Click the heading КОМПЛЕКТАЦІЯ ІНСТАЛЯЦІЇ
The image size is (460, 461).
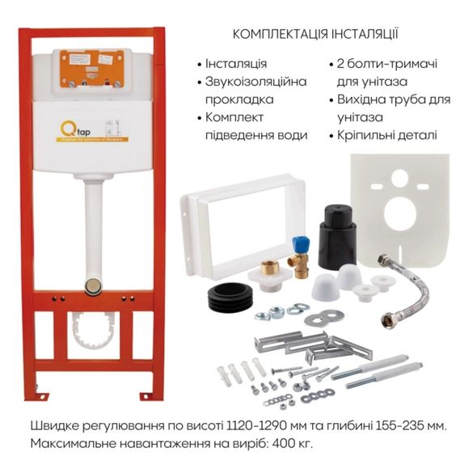point(314,35)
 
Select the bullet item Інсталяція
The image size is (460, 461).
point(235,64)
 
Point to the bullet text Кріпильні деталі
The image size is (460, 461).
point(385,135)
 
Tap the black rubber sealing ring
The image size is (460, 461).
point(230,298)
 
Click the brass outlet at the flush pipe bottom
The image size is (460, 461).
point(94,284)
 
